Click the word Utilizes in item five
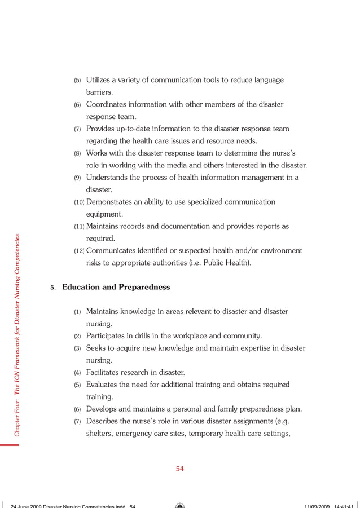point(99,80)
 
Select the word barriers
point(99,92)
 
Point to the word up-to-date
point(133,129)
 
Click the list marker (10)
point(79,202)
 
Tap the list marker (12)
point(79,251)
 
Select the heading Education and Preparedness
point(116,287)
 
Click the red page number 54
point(179,468)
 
